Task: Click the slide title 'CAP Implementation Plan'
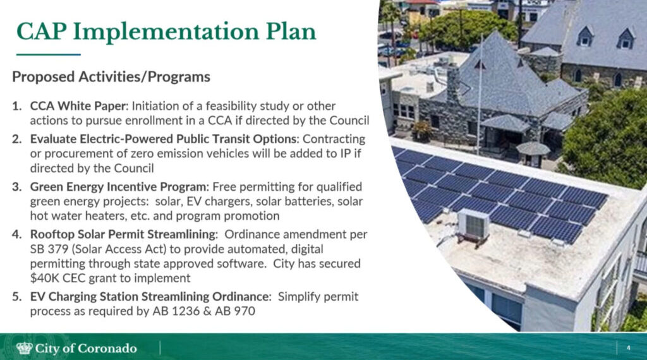[166, 32]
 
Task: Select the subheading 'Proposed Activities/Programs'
[111, 76]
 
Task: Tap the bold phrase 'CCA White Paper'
[78, 106]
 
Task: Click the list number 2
[16, 139]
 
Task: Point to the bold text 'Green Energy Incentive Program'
[118, 187]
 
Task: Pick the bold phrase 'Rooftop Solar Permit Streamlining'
[123, 234]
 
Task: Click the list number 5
[16, 296]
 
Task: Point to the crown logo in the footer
[24, 348]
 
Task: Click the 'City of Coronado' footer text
[86, 349]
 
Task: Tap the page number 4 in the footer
[629, 348]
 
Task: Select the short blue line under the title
[48, 54]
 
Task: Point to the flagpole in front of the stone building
[480, 95]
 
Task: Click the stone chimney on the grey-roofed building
[452, 84]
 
